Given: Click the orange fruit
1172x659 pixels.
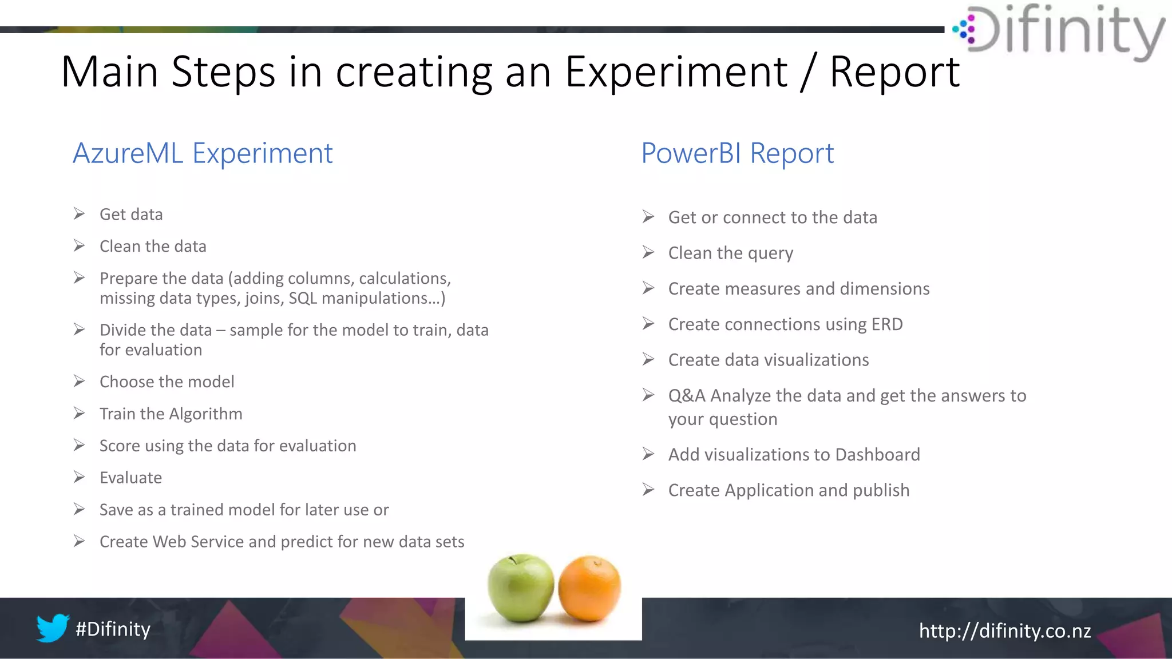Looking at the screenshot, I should (589, 589).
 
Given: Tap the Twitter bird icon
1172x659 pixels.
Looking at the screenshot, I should (53, 628).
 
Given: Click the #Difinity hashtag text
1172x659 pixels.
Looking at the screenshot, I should (113, 629).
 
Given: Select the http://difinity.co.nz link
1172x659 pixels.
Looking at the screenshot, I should (1005, 631).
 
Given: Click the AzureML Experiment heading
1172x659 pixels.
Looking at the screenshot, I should (203, 153).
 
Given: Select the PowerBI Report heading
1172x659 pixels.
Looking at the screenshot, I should (737, 153).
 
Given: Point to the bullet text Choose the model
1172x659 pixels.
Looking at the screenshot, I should (167, 382).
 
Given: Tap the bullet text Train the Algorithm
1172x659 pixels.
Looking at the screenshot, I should (171, 414).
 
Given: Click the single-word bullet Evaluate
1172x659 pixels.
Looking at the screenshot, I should (130, 478).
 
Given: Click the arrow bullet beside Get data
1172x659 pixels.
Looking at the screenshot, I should (80, 214).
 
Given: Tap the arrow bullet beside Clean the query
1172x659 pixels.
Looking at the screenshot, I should (648, 252).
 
